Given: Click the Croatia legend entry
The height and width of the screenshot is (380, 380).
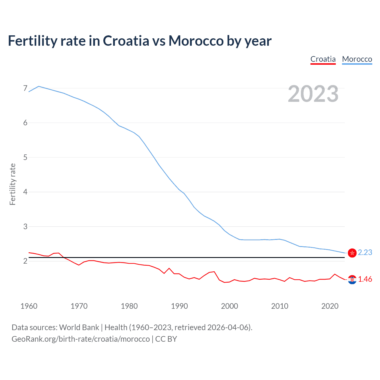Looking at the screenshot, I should tap(323, 59).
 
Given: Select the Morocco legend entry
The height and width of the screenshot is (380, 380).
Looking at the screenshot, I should tap(357, 59).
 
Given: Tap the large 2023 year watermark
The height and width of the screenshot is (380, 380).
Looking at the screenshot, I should tap(313, 94).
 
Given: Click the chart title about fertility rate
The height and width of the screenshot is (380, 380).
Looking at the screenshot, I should tap(140, 41).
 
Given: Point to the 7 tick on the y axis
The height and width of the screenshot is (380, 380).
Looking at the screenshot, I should tap(25, 88).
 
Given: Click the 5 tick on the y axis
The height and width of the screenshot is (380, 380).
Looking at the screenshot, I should tap(25, 157).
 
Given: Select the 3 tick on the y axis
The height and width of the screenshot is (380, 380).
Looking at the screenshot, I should tap(25, 227).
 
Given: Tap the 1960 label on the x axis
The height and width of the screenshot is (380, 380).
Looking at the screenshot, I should tap(29, 306).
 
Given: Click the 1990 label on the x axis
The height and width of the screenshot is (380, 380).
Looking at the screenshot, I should tap(179, 306).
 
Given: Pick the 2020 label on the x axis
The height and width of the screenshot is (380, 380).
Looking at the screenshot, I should tap(330, 306).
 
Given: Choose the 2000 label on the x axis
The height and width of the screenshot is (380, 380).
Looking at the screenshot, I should tap(229, 306).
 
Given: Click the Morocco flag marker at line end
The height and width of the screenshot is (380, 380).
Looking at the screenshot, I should tap(352, 253).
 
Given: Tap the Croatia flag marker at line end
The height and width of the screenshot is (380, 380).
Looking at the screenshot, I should tap(352, 279).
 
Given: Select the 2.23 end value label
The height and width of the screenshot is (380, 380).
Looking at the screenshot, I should tap(365, 252).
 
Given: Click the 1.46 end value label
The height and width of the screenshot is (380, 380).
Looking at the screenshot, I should tap(365, 279).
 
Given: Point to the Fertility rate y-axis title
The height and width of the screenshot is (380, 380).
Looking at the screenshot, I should tap(12, 184).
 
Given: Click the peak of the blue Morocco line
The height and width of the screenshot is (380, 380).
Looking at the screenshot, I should tap(39, 86).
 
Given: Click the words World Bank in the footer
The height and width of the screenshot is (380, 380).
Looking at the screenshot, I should tap(79, 327).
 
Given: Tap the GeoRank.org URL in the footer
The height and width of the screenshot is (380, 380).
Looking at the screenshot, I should tap(80, 339).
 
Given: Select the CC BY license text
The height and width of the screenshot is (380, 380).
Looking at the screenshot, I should tap(166, 339).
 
